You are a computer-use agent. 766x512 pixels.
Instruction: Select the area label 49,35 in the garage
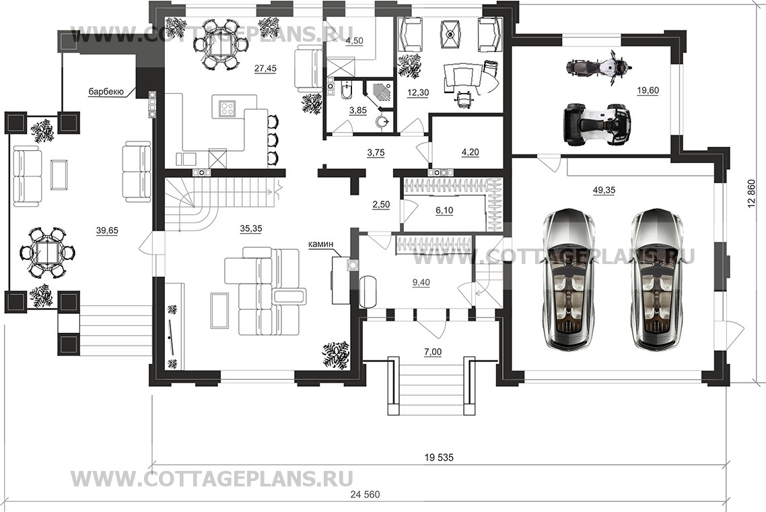click(604, 191)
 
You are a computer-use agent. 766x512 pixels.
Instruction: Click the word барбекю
click(105, 92)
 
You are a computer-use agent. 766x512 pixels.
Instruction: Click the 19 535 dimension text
click(439, 457)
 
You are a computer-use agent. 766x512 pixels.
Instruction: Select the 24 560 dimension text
click(365, 494)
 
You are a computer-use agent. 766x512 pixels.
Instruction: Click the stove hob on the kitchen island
click(227, 108)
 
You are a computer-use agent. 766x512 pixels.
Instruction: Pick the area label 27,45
click(265, 69)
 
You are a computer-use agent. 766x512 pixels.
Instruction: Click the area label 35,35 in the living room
click(250, 228)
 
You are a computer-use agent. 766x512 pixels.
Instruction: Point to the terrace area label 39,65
click(107, 230)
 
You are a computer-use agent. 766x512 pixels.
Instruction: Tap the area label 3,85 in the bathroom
click(358, 110)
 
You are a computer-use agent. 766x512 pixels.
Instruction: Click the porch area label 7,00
click(433, 352)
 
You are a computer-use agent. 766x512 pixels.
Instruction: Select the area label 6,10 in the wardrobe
click(444, 210)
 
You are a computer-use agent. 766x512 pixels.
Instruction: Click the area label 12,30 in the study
click(418, 92)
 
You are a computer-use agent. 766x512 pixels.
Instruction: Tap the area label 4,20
click(470, 152)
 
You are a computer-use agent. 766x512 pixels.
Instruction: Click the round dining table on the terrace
click(47, 253)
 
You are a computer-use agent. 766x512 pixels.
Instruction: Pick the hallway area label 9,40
click(421, 282)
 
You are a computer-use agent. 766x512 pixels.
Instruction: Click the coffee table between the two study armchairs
click(450, 34)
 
